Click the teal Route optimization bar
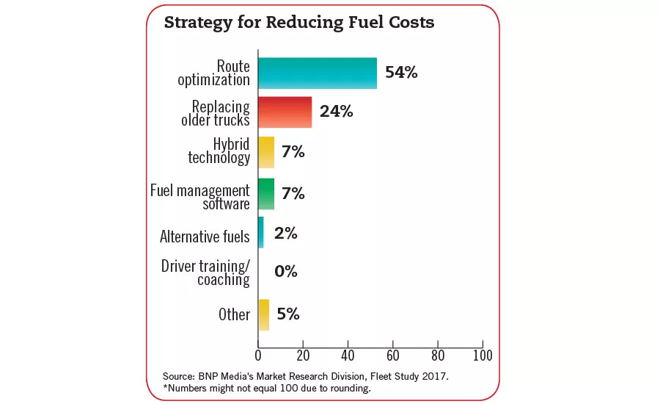coord(318,73)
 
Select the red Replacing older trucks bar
coord(285,112)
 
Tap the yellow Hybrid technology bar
coord(266,153)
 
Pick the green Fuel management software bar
coord(266,194)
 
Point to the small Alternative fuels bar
coord(260,232)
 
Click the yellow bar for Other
coord(263,314)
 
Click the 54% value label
coord(401,73)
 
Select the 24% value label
coord(337,112)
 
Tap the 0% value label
coord(285,272)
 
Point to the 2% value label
coord(285,234)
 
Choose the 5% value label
coord(288,314)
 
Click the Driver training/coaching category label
coord(205,272)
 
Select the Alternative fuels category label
coord(205,237)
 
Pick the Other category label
coord(234,314)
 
